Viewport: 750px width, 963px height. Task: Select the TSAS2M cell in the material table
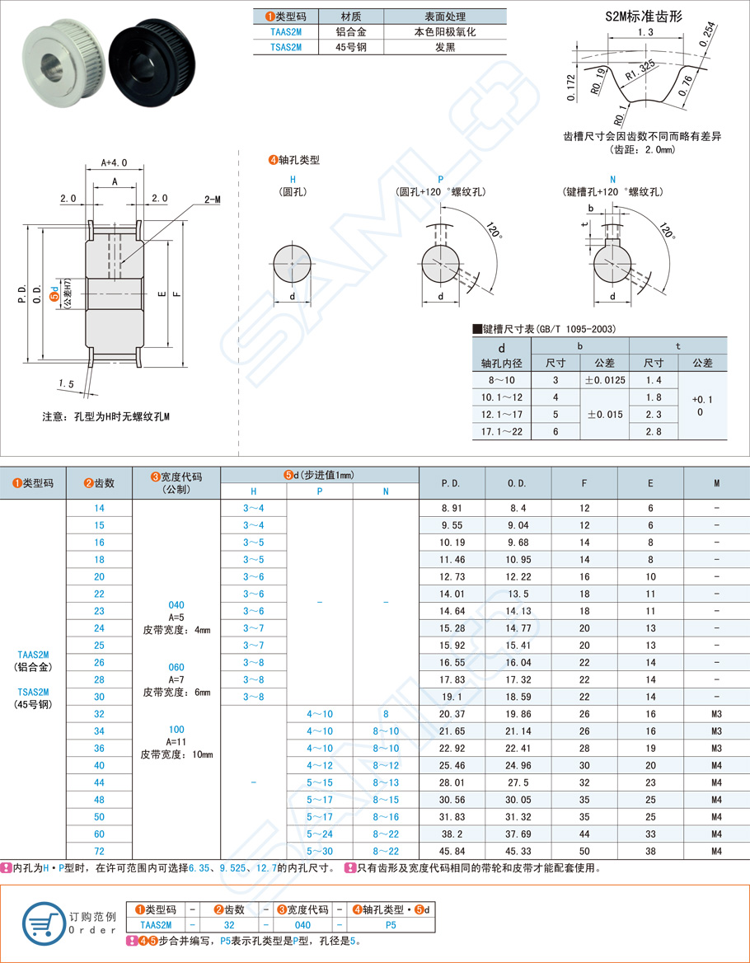[286, 47]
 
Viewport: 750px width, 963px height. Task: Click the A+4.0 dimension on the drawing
[115, 162]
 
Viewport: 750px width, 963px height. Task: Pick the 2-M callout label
[212, 200]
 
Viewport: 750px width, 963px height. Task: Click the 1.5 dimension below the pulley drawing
[67, 383]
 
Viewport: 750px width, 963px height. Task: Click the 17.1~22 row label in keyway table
[502, 431]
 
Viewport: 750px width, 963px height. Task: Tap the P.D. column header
[451, 483]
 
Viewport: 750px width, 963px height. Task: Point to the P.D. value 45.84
[451, 851]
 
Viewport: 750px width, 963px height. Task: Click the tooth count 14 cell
[99, 508]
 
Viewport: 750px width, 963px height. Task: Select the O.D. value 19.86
[518, 714]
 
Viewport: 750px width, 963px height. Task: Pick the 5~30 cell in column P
[320, 851]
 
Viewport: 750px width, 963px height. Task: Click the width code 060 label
[176, 667]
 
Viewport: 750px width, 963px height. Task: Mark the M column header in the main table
[716, 483]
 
